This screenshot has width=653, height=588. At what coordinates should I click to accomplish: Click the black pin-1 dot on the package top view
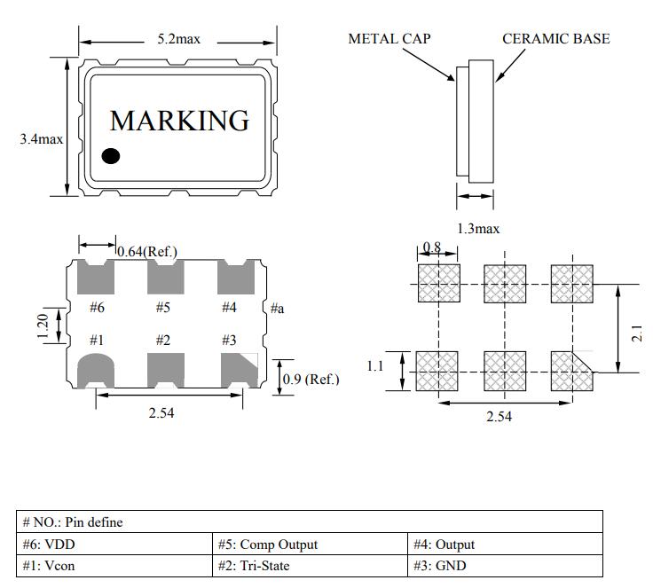[x=111, y=156]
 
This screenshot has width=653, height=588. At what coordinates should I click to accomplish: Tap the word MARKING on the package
[x=178, y=121]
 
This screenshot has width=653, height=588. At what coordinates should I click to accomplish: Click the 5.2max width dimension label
[x=178, y=39]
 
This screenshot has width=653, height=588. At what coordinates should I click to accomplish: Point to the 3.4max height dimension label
[x=41, y=139]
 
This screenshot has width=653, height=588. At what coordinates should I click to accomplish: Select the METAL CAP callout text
[x=389, y=39]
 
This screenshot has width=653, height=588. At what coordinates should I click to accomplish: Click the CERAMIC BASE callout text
[x=555, y=39]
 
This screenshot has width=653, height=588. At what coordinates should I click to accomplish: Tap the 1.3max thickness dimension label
[x=478, y=229]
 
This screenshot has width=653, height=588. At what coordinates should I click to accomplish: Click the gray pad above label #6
[x=97, y=278]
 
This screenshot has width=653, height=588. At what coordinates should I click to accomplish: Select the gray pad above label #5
[x=165, y=278]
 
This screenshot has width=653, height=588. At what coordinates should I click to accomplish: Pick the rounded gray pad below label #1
[x=97, y=370]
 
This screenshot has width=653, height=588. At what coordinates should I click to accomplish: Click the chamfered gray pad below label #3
[x=239, y=370]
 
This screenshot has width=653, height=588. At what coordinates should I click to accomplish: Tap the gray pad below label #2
[x=165, y=370]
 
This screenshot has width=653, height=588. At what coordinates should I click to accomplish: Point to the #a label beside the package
[x=277, y=308]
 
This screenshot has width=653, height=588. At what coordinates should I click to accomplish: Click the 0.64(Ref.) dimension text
[x=148, y=252]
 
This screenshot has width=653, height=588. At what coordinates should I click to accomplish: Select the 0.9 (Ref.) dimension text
[x=311, y=380]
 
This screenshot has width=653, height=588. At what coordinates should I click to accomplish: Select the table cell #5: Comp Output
[x=311, y=545]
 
